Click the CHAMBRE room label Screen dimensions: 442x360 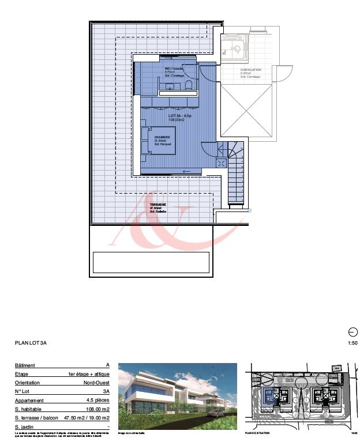(163, 137)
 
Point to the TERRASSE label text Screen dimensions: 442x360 (157, 205)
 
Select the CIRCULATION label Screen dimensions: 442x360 (250, 70)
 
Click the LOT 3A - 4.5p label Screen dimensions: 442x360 (180, 116)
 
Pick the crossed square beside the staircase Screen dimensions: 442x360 (222, 163)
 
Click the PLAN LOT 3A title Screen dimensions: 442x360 (31, 343)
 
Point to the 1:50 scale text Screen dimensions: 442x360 (353, 343)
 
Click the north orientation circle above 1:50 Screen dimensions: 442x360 (353, 331)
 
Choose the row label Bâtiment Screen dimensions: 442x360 (25, 365)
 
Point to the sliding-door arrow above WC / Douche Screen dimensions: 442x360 (168, 58)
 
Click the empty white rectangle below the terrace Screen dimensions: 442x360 (150, 262)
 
